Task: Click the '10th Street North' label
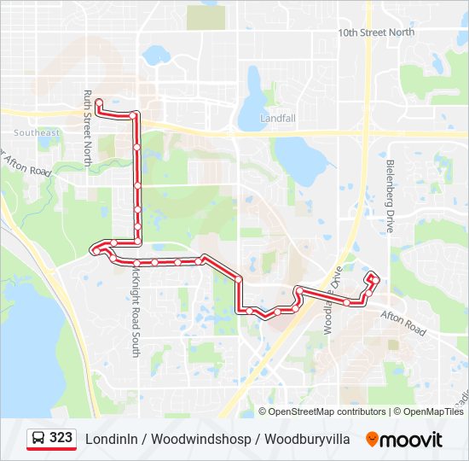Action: pyautogui.click(x=376, y=32)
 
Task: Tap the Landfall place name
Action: pyautogui.click(x=277, y=118)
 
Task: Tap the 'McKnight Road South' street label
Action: pyautogui.click(x=135, y=311)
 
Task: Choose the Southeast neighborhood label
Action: pyautogui.click(x=37, y=132)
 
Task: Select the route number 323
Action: pyautogui.click(x=61, y=438)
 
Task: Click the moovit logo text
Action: pyautogui.click(x=412, y=440)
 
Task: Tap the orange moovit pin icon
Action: pyautogui.click(x=371, y=440)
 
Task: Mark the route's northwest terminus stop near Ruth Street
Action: pyautogui.click(x=99, y=102)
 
